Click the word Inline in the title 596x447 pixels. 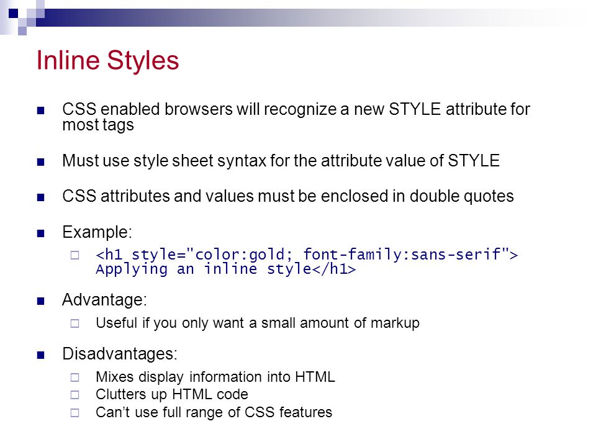click(68, 60)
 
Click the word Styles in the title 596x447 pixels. click(143, 61)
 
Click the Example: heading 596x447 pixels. click(97, 232)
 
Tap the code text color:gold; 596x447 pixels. click(243, 255)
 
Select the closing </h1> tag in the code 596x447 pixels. click(334, 269)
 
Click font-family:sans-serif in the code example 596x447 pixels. click(402, 254)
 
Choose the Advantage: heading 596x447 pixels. click(104, 300)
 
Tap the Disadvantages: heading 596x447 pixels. click(120, 354)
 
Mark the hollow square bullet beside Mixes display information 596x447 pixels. click(75, 377)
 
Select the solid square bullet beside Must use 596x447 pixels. click(41, 162)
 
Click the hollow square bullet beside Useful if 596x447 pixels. click(75, 323)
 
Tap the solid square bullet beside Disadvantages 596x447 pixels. click(41, 355)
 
